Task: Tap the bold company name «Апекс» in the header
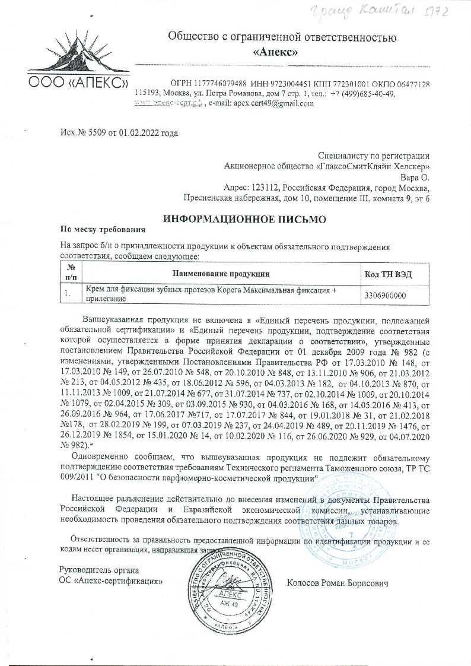point(275,52)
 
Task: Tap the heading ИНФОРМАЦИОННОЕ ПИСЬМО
point(244,219)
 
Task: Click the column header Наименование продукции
point(221,274)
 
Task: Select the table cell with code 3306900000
point(386,294)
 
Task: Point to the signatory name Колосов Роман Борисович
point(338,585)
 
